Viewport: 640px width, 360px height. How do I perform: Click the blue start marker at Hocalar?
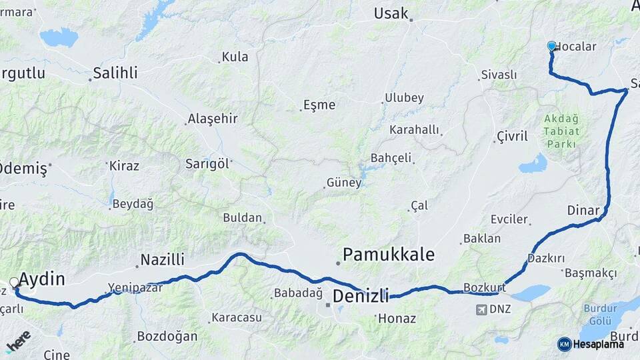(x=551, y=46)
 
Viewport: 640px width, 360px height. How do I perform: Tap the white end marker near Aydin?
(x=14, y=283)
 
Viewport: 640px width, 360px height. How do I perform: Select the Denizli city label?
(x=360, y=296)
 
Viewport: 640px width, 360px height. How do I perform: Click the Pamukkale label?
(x=389, y=254)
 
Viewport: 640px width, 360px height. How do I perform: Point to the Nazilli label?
(x=163, y=260)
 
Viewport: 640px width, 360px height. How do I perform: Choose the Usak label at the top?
(x=391, y=13)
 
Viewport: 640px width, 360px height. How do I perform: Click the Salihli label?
(x=115, y=73)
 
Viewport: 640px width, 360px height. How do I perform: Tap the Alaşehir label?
(x=213, y=119)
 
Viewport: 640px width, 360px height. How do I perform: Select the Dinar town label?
(x=583, y=210)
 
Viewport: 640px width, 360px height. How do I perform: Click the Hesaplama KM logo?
(x=591, y=344)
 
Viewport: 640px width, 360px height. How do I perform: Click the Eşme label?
(x=319, y=105)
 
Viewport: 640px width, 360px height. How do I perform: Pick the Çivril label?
(x=512, y=136)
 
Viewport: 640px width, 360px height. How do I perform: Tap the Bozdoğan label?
(x=167, y=336)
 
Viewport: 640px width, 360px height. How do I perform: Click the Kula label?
(x=235, y=57)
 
